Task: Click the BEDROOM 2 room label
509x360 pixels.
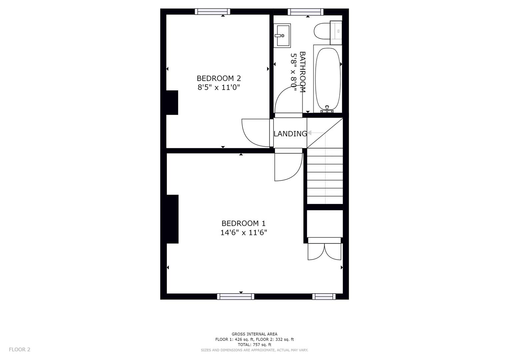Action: (x=219, y=78)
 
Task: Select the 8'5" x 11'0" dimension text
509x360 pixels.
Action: (x=219, y=88)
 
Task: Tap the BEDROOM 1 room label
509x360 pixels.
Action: (x=243, y=223)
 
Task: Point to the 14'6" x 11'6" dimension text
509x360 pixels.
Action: (x=243, y=233)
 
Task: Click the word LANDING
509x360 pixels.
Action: (x=290, y=134)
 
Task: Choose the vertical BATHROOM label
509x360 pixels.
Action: (x=302, y=72)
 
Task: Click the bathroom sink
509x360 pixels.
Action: (x=282, y=35)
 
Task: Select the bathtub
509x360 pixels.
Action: (x=328, y=78)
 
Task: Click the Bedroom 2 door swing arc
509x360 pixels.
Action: (x=255, y=133)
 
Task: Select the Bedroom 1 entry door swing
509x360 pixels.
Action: (x=287, y=166)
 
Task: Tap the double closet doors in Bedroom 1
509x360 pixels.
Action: (x=324, y=251)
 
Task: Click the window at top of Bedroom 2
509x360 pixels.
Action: (x=212, y=12)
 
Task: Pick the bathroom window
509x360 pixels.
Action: (x=305, y=12)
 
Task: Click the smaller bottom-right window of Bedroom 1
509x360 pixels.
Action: (x=324, y=296)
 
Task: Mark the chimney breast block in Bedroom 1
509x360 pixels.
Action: (x=172, y=219)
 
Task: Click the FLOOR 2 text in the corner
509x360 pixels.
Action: (x=19, y=349)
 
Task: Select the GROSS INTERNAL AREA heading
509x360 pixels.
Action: (x=254, y=334)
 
